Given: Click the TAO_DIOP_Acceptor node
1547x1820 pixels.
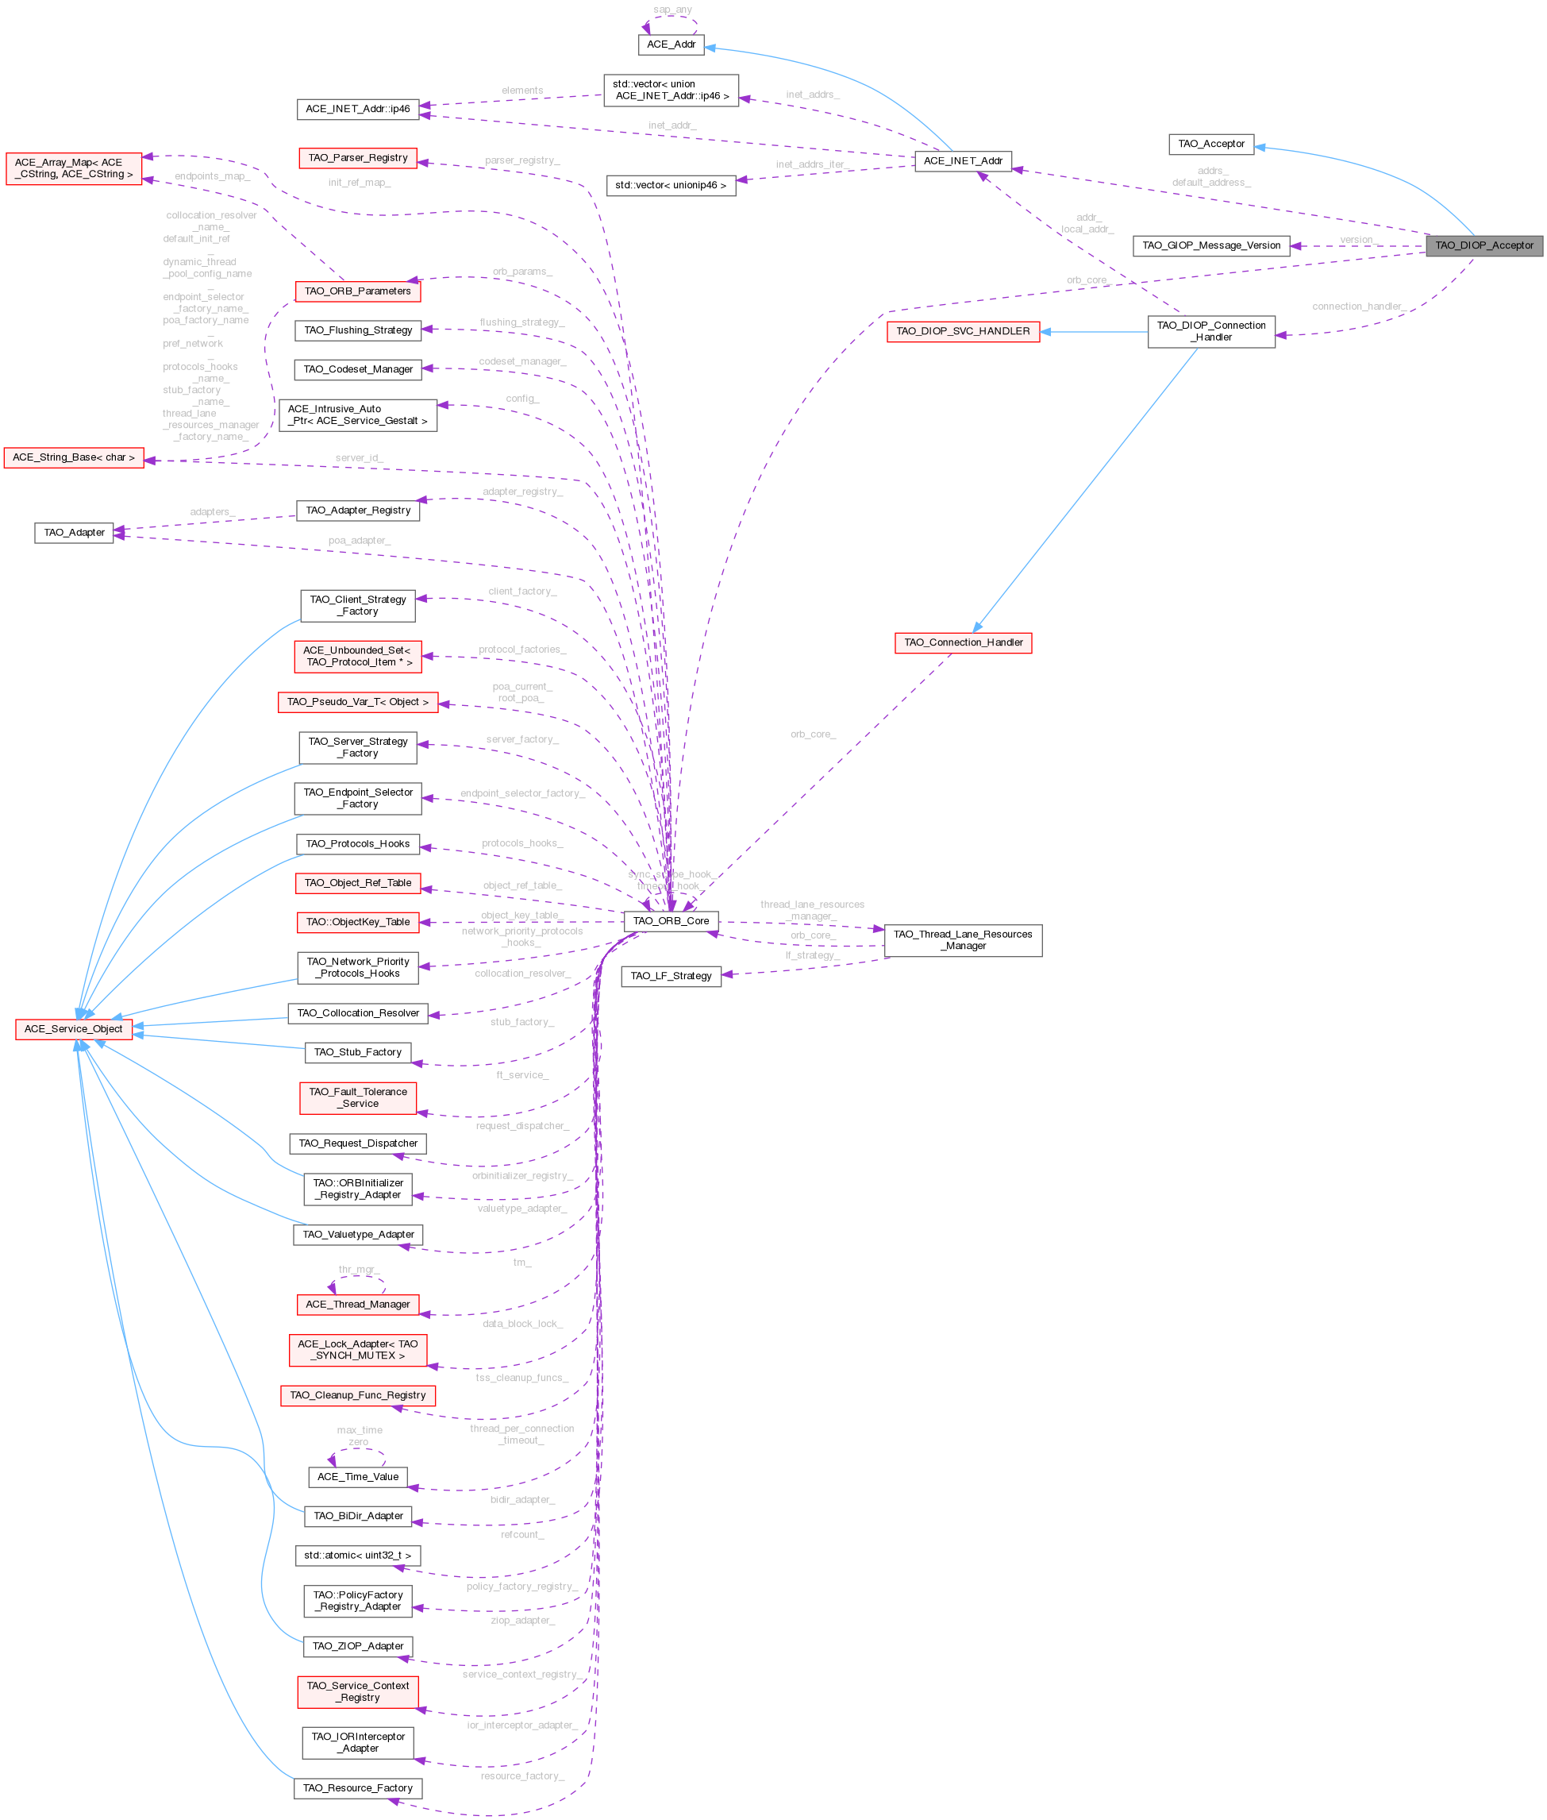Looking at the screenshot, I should [x=1484, y=245].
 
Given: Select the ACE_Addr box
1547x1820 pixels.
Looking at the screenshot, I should [x=671, y=44].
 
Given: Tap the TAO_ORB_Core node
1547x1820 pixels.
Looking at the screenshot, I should [x=671, y=921].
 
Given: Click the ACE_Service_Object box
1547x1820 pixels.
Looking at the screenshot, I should [x=74, y=1029].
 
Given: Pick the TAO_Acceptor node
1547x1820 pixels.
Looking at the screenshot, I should [x=1211, y=144].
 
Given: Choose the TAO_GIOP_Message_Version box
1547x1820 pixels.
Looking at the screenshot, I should [x=1211, y=245].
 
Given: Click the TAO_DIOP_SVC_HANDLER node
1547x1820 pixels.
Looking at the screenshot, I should [x=963, y=332].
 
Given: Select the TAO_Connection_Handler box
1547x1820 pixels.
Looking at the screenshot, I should [x=963, y=643].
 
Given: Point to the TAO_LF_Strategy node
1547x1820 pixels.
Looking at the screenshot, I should [x=671, y=976].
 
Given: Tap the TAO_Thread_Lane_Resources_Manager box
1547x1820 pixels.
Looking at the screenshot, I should [x=963, y=940].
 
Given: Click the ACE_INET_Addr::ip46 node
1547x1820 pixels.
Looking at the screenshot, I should [x=358, y=109].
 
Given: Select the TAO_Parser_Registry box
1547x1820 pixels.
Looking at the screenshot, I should [x=358, y=158].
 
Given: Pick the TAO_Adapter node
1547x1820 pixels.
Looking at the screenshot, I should [x=74, y=532].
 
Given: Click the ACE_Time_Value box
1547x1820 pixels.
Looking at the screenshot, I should [x=358, y=1477].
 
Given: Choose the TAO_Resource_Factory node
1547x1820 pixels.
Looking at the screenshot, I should [x=358, y=1788].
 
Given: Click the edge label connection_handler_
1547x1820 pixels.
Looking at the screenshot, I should [x=1357, y=306].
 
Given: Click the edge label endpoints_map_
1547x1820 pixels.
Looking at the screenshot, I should [x=212, y=176].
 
